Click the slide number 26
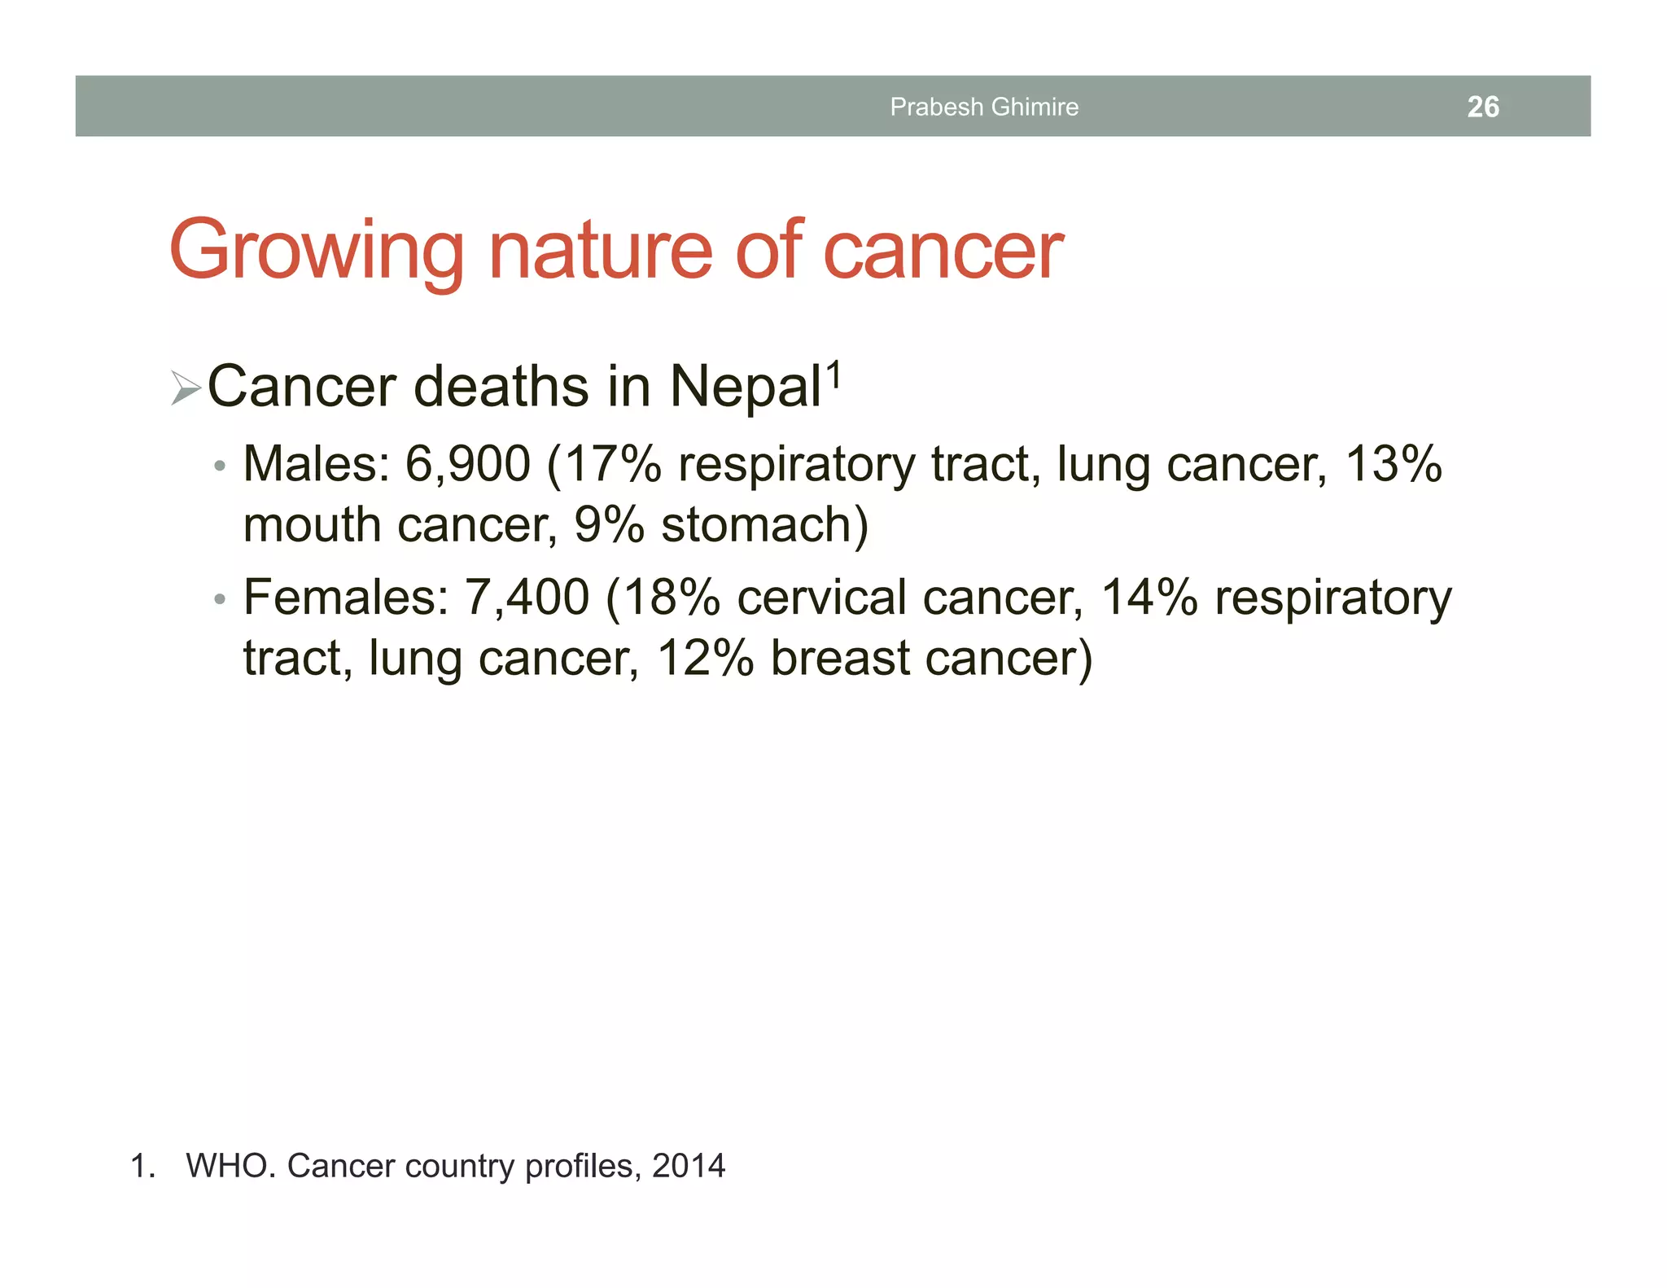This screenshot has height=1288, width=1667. tap(1482, 107)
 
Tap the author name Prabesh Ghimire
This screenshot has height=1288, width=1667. tap(983, 107)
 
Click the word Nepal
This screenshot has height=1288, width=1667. tap(744, 387)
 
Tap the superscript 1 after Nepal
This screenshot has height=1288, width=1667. tap(833, 375)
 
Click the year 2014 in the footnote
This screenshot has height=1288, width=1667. tap(688, 1166)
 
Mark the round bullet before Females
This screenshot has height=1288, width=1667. tap(218, 600)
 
